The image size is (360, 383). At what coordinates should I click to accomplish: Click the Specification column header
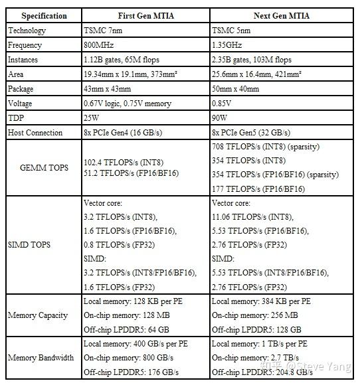pos(43,15)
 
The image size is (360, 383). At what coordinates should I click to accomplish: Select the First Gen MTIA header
pos(145,15)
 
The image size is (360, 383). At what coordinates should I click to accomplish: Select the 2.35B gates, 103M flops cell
pos(255,60)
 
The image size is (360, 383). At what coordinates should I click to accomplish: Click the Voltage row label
pos(23,104)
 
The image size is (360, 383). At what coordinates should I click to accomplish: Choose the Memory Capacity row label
pos(38,315)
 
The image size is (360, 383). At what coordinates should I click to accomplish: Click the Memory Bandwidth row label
pos(41,358)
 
